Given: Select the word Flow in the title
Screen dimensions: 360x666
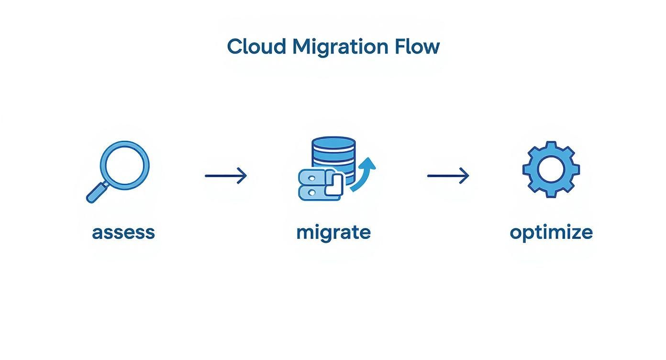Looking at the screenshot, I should point(417,46).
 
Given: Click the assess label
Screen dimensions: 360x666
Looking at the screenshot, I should point(123,232).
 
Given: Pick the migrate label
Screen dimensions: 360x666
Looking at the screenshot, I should point(333,233).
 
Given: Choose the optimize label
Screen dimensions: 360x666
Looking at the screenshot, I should point(551,233).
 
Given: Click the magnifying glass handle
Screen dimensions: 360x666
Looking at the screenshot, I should point(95,194).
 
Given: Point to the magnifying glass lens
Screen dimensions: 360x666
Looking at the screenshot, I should point(124,166).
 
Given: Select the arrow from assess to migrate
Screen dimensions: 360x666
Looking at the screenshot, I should point(225,176).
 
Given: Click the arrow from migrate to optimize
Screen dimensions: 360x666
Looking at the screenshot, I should point(448,176).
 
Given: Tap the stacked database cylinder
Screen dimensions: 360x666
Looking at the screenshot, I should point(333,152).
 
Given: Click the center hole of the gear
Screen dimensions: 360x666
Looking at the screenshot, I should point(551,169).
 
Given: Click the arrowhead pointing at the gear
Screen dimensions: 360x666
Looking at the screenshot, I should point(465,176).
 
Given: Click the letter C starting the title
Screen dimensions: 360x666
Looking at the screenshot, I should point(234,46).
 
